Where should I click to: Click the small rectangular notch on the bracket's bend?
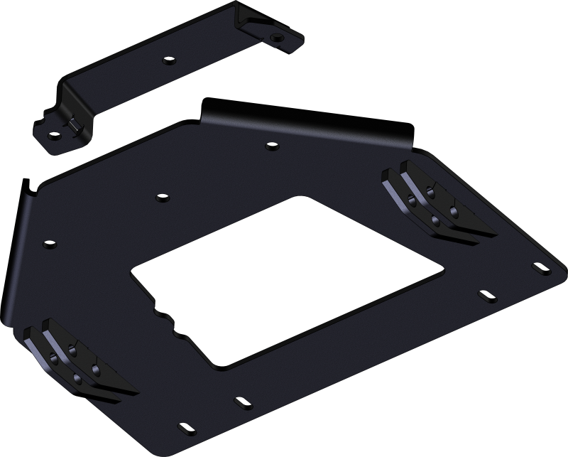(73, 126)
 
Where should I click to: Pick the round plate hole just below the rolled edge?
(270, 148)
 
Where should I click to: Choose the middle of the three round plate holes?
(161, 196)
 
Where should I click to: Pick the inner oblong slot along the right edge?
(486, 294)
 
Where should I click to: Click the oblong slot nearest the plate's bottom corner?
(186, 428)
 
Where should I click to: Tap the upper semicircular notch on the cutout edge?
(159, 311)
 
